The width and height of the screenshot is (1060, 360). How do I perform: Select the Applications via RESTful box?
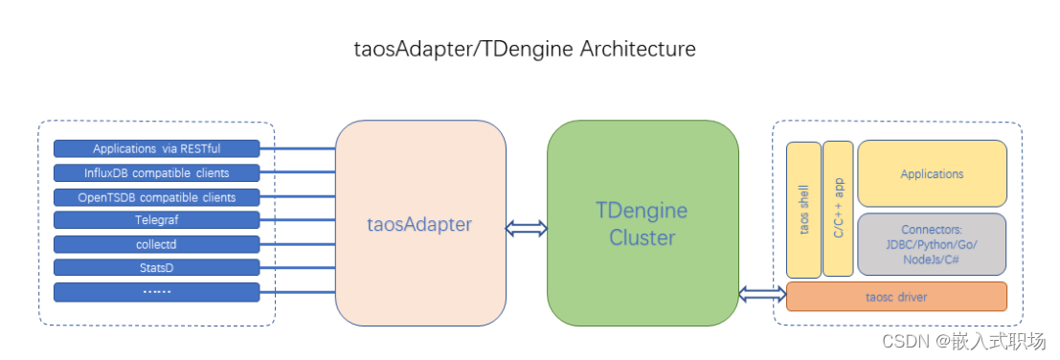point(156,148)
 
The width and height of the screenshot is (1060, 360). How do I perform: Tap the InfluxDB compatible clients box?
point(156,173)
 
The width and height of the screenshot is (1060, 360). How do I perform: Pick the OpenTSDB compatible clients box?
point(156,197)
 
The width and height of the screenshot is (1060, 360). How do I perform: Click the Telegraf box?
point(156,220)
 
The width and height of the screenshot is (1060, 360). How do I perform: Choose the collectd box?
point(156,244)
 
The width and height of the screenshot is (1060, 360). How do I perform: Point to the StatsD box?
point(156,267)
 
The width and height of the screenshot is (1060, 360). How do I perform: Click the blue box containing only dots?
point(156,291)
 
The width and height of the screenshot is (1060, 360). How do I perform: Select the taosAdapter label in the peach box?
point(419,225)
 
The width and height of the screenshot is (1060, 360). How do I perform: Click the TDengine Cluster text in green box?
point(642,223)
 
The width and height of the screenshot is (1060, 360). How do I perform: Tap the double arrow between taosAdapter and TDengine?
point(527,228)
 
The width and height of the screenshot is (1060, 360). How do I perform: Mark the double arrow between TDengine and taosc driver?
point(762,291)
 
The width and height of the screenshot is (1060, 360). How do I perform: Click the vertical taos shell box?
point(804,210)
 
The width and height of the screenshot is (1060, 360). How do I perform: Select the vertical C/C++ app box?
point(838,208)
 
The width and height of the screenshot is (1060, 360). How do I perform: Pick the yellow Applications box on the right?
point(932,174)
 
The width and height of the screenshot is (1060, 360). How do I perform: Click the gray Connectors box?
point(932,243)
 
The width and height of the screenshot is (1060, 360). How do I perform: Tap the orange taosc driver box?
point(896,297)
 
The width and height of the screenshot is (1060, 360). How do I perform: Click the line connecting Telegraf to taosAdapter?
point(297,220)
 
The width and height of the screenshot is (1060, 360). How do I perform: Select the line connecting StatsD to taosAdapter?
point(297,267)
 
